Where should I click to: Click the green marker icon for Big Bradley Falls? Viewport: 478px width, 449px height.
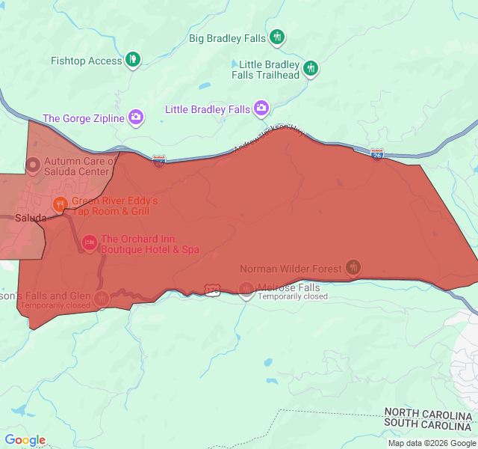click(277, 37)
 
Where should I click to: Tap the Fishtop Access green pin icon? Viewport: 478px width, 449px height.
click(133, 60)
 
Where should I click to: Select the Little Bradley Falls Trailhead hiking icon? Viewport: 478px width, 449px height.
click(311, 70)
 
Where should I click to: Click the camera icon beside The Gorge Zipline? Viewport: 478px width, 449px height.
click(135, 117)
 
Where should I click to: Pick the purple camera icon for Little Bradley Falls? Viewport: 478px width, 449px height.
click(261, 109)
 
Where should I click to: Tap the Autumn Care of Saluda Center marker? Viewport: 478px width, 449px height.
click(34, 165)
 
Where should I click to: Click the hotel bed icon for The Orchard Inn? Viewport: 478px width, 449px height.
click(90, 242)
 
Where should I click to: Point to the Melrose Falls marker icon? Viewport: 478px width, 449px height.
click(246, 289)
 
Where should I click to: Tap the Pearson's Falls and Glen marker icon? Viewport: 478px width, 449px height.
click(102, 298)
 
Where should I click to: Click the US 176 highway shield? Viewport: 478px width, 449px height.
click(213, 289)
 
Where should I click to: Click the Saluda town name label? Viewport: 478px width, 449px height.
click(30, 218)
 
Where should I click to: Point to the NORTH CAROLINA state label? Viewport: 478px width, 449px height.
click(428, 414)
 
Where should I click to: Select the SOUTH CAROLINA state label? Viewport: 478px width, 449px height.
click(428, 424)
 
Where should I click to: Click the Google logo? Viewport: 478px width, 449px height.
click(25, 440)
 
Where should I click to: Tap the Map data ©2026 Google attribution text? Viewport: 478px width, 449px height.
click(431, 443)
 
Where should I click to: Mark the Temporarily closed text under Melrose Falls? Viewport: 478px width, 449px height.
click(293, 297)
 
